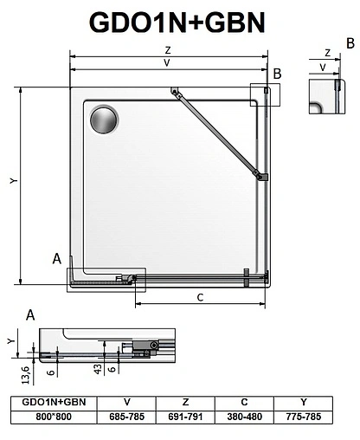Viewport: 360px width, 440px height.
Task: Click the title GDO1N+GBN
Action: pos(180,21)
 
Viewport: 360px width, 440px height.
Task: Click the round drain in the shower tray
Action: pos(106,120)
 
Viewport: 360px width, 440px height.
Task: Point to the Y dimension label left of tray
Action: pos(12,182)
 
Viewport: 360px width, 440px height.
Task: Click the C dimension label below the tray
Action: pos(200,298)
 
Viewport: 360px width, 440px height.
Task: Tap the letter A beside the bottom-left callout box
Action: pos(56,258)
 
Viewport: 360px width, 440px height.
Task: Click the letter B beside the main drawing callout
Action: pos(277,74)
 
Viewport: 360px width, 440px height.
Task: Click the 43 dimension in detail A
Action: pos(100,368)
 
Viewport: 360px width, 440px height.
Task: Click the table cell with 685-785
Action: pos(127,417)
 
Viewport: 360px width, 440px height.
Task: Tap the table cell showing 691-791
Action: pos(185,417)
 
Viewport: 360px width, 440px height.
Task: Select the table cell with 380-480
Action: pos(244,417)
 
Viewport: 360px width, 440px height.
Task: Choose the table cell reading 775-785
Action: pos(304,417)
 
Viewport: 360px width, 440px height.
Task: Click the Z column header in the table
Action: pos(185,403)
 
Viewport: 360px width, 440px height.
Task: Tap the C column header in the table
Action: pos(244,403)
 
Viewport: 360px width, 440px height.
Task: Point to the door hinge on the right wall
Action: pos(260,177)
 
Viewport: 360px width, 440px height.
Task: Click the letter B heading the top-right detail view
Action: pos(350,42)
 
